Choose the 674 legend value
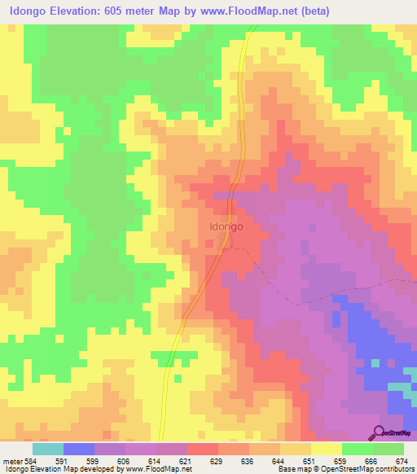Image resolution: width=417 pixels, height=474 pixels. [x=402, y=460]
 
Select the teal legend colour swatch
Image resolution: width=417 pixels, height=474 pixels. [x=47, y=449]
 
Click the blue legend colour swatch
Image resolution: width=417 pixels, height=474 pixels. [x=78, y=449]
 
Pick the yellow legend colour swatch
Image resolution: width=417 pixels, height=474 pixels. [x=326, y=449]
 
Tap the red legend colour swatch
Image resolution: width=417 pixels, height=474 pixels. [x=202, y=449]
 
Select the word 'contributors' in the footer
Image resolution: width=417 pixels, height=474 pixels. [x=393, y=469]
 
